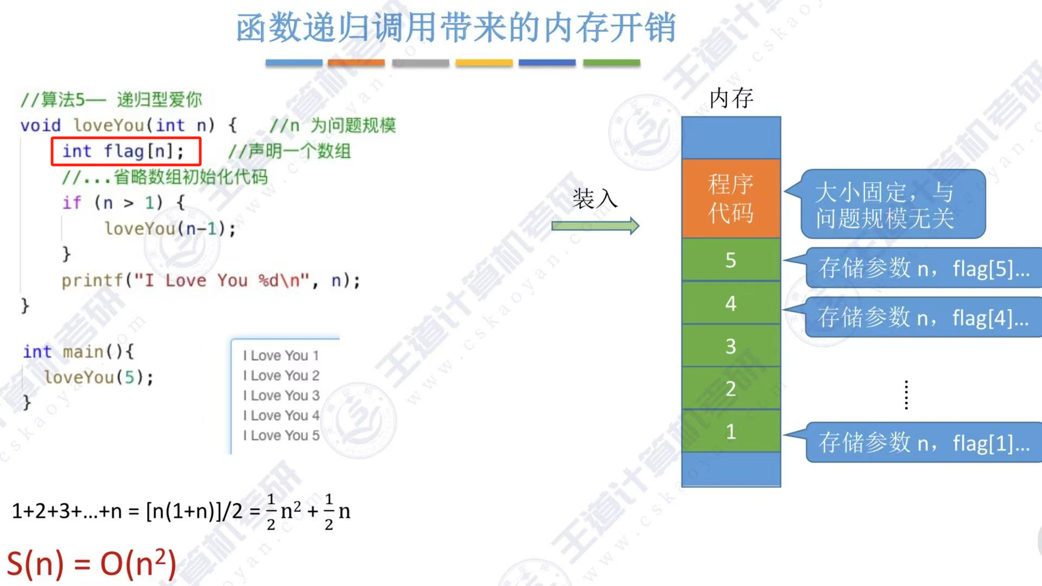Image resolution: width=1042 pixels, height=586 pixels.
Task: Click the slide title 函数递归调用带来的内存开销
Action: click(x=456, y=28)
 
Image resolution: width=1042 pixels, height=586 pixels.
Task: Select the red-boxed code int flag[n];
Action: click(x=126, y=151)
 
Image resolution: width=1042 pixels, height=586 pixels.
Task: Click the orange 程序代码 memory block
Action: click(x=730, y=199)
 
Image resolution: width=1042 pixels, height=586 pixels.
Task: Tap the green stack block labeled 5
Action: click(x=730, y=260)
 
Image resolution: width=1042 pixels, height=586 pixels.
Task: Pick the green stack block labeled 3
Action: click(x=730, y=346)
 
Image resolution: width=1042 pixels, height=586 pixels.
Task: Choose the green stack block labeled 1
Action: click(x=730, y=431)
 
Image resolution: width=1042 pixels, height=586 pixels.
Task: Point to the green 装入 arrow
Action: click(x=595, y=226)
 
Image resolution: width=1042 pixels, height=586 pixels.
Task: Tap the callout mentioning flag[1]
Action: click(x=923, y=443)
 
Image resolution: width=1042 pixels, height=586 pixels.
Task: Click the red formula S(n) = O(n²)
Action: click(x=91, y=563)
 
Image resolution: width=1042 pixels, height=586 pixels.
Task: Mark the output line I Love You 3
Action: click(x=281, y=396)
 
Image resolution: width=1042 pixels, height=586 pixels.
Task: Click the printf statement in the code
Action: click(x=211, y=281)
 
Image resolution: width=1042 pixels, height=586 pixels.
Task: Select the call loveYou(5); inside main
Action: click(x=99, y=377)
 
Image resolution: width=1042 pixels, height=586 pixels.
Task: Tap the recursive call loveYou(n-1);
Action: click(x=170, y=228)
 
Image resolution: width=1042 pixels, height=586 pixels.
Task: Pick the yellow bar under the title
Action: click(x=484, y=63)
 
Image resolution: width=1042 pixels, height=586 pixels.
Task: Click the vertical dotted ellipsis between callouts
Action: click(x=906, y=395)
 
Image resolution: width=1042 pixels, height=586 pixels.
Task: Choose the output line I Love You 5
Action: click(x=281, y=435)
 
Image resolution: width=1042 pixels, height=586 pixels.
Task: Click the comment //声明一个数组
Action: click(x=289, y=151)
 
